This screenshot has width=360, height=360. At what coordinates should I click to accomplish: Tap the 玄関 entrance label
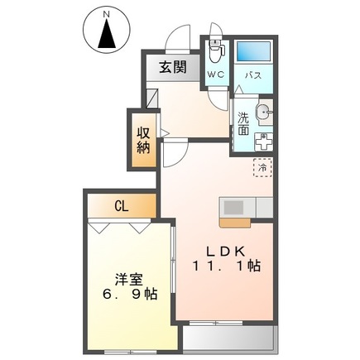point(173,68)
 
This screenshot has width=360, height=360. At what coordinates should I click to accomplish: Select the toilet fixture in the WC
point(216,51)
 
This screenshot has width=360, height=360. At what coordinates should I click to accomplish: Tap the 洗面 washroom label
point(243,122)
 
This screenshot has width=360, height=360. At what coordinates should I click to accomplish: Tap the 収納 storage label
point(143,139)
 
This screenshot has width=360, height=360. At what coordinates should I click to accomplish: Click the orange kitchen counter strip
point(238,221)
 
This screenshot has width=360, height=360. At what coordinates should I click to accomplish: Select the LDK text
point(220,252)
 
